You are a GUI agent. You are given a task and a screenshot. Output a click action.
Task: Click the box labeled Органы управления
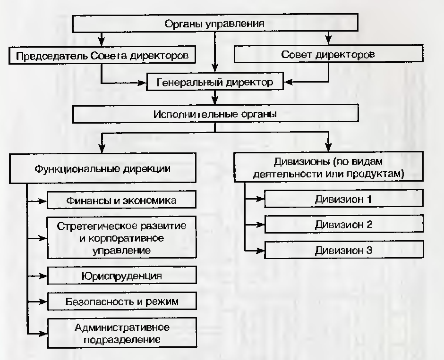pos(215,23)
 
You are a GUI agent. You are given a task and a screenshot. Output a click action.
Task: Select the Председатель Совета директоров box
pos(102,55)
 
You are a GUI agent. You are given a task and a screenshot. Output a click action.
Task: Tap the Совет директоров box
pos(328,54)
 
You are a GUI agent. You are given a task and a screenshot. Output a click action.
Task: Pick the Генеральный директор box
pos(214,82)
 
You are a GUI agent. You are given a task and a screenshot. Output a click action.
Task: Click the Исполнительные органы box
pos(215,114)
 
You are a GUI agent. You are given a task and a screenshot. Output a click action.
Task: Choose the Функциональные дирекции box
pos(102,168)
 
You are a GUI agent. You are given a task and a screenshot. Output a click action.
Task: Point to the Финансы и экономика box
pos(121,200)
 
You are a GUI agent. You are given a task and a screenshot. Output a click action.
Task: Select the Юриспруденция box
pos(122,275)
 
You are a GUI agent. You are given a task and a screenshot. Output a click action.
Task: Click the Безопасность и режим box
pos(122,301)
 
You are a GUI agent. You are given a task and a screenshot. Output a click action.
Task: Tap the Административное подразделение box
pos(122,333)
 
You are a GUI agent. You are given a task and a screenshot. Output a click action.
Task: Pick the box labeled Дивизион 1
pos(344,199)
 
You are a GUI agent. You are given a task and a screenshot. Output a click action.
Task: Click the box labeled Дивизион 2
pos(344,224)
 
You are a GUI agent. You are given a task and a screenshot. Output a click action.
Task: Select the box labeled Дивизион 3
pos(344,250)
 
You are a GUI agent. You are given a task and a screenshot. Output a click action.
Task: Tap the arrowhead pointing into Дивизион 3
pos(260,251)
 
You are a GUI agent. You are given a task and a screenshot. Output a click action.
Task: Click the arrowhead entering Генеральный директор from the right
pos(288,82)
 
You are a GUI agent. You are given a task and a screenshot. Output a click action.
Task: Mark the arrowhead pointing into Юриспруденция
pos(43,276)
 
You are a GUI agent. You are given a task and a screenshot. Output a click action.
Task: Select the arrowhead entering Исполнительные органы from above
pos(215,100)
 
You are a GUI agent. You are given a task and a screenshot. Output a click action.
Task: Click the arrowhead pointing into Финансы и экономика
pos(42,201)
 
